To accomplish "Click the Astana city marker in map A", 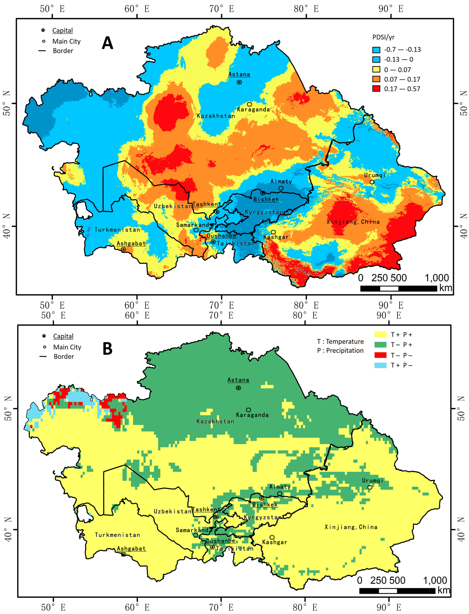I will click(x=239, y=82).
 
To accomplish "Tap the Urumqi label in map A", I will click(x=375, y=175).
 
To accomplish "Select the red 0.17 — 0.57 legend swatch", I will click(x=376, y=89).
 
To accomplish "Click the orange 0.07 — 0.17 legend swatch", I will click(x=376, y=79).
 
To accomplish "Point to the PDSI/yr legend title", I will click(x=383, y=37).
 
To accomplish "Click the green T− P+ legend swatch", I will click(x=380, y=345).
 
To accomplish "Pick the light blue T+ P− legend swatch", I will click(x=380, y=365).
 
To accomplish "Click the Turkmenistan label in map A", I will click(x=117, y=230).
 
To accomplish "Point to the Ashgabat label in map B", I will click(x=131, y=549).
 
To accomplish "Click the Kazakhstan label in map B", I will click(x=215, y=421).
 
